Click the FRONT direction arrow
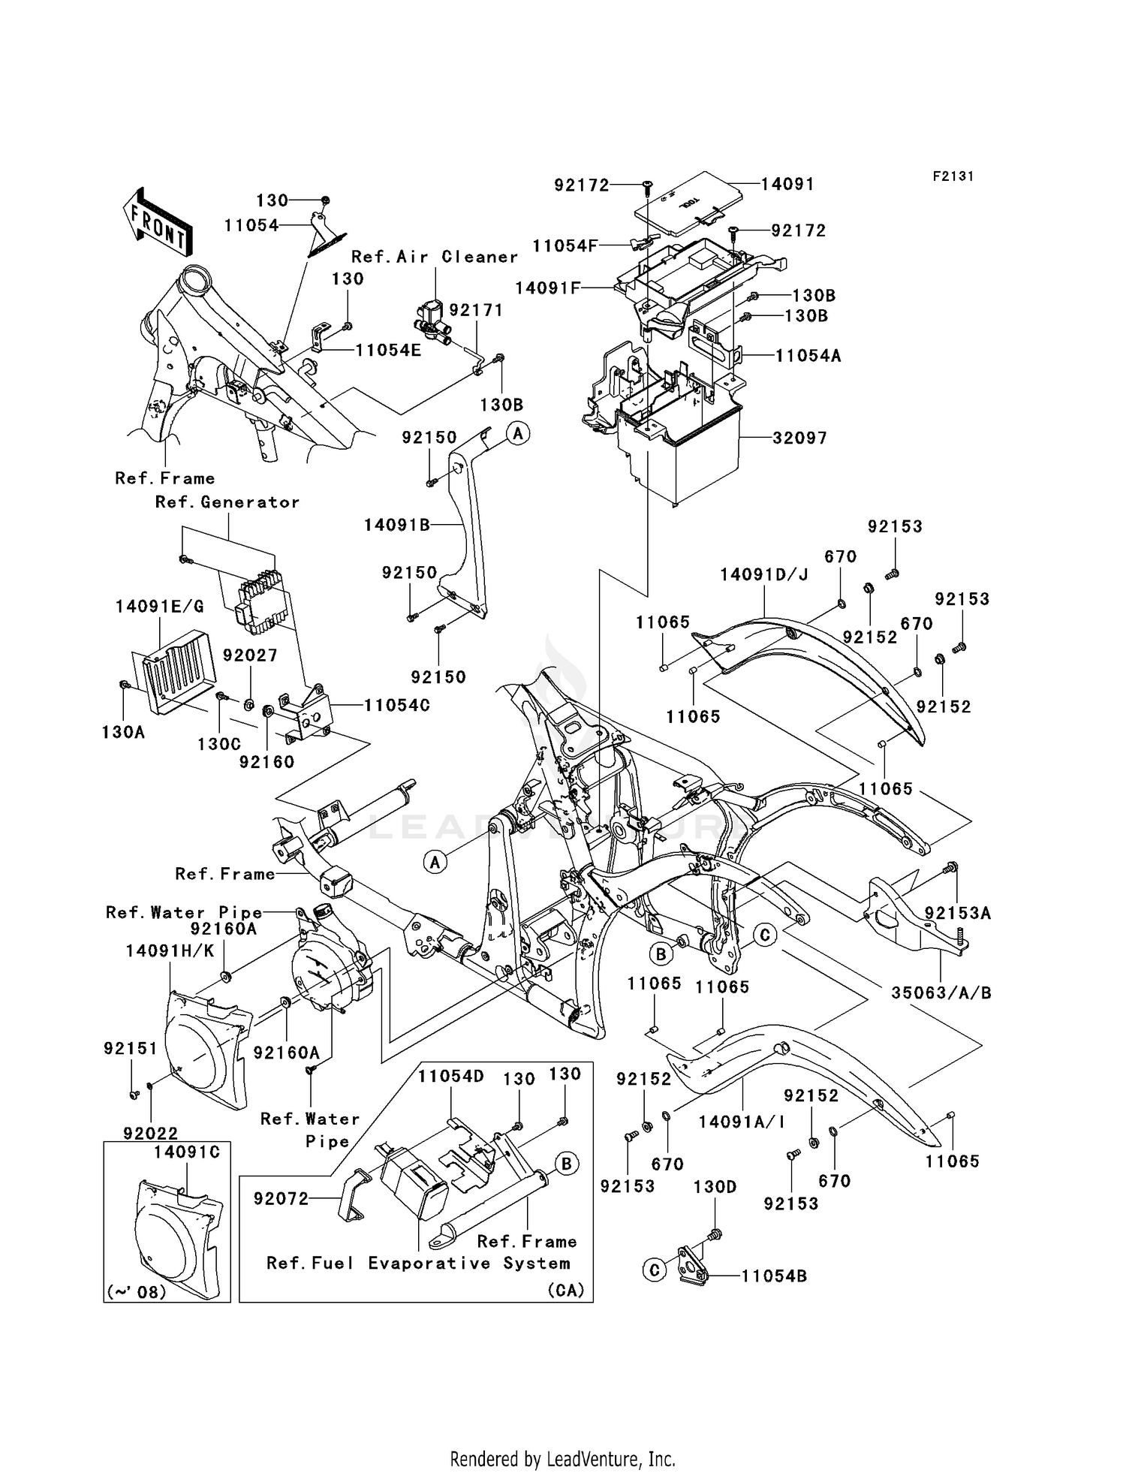pos(156,224)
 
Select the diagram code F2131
pos(953,176)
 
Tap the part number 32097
pos(799,438)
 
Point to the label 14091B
pos(397,525)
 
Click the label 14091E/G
pos(160,607)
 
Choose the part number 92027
pos(250,655)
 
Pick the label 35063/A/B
pos(941,993)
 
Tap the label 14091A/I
pos(741,1122)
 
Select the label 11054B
pos(774,1276)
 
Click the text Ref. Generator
pos(227,502)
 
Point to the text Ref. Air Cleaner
pos(435,257)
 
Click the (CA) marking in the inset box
pos(565,1290)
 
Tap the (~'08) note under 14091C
pos(137,1291)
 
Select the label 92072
pos(281,1198)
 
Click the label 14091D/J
pos(763,575)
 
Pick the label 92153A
pos(957,913)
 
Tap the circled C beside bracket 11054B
pos(655,1270)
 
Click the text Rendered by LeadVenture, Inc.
pos(562,1458)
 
